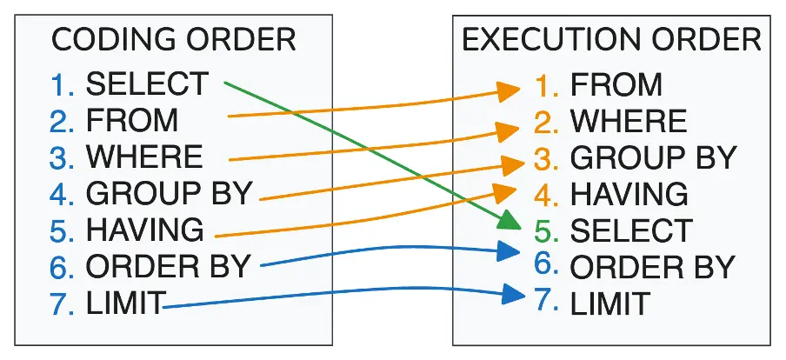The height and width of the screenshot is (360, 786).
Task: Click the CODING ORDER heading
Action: pyautogui.click(x=173, y=40)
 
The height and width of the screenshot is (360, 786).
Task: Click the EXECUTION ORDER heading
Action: pyautogui.click(x=611, y=40)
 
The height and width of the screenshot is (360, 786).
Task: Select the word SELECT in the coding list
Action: pyautogui.click(x=147, y=83)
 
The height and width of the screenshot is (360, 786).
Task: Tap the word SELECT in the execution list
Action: pyautogui.click(x=631, y=230)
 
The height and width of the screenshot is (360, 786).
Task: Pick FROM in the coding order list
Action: pyautogui.click(x=132, y=120)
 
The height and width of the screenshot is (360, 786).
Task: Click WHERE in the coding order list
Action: pyautogui.click(x=144, y=157)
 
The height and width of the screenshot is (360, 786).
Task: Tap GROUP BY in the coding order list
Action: pyautogui.click(x=169, y=194)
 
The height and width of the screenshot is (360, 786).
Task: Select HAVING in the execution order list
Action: pyautogui.click(x=629, y=194)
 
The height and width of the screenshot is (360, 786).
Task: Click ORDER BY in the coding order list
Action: pyautogui.click(x=168, y=266)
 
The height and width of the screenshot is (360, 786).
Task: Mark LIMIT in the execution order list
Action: pyautogui.click(x=610, y=303)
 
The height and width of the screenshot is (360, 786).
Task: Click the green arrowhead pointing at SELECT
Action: pyautogui.click(x=510, y=221)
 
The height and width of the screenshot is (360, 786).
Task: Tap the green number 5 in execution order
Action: pyautogui.click(x=546, y=230)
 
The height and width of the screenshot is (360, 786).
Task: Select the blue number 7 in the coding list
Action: pyautogui.click(x=62, y=303)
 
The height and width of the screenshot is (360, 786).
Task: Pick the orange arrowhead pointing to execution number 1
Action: pyautogui.click(x=509, y=91)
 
